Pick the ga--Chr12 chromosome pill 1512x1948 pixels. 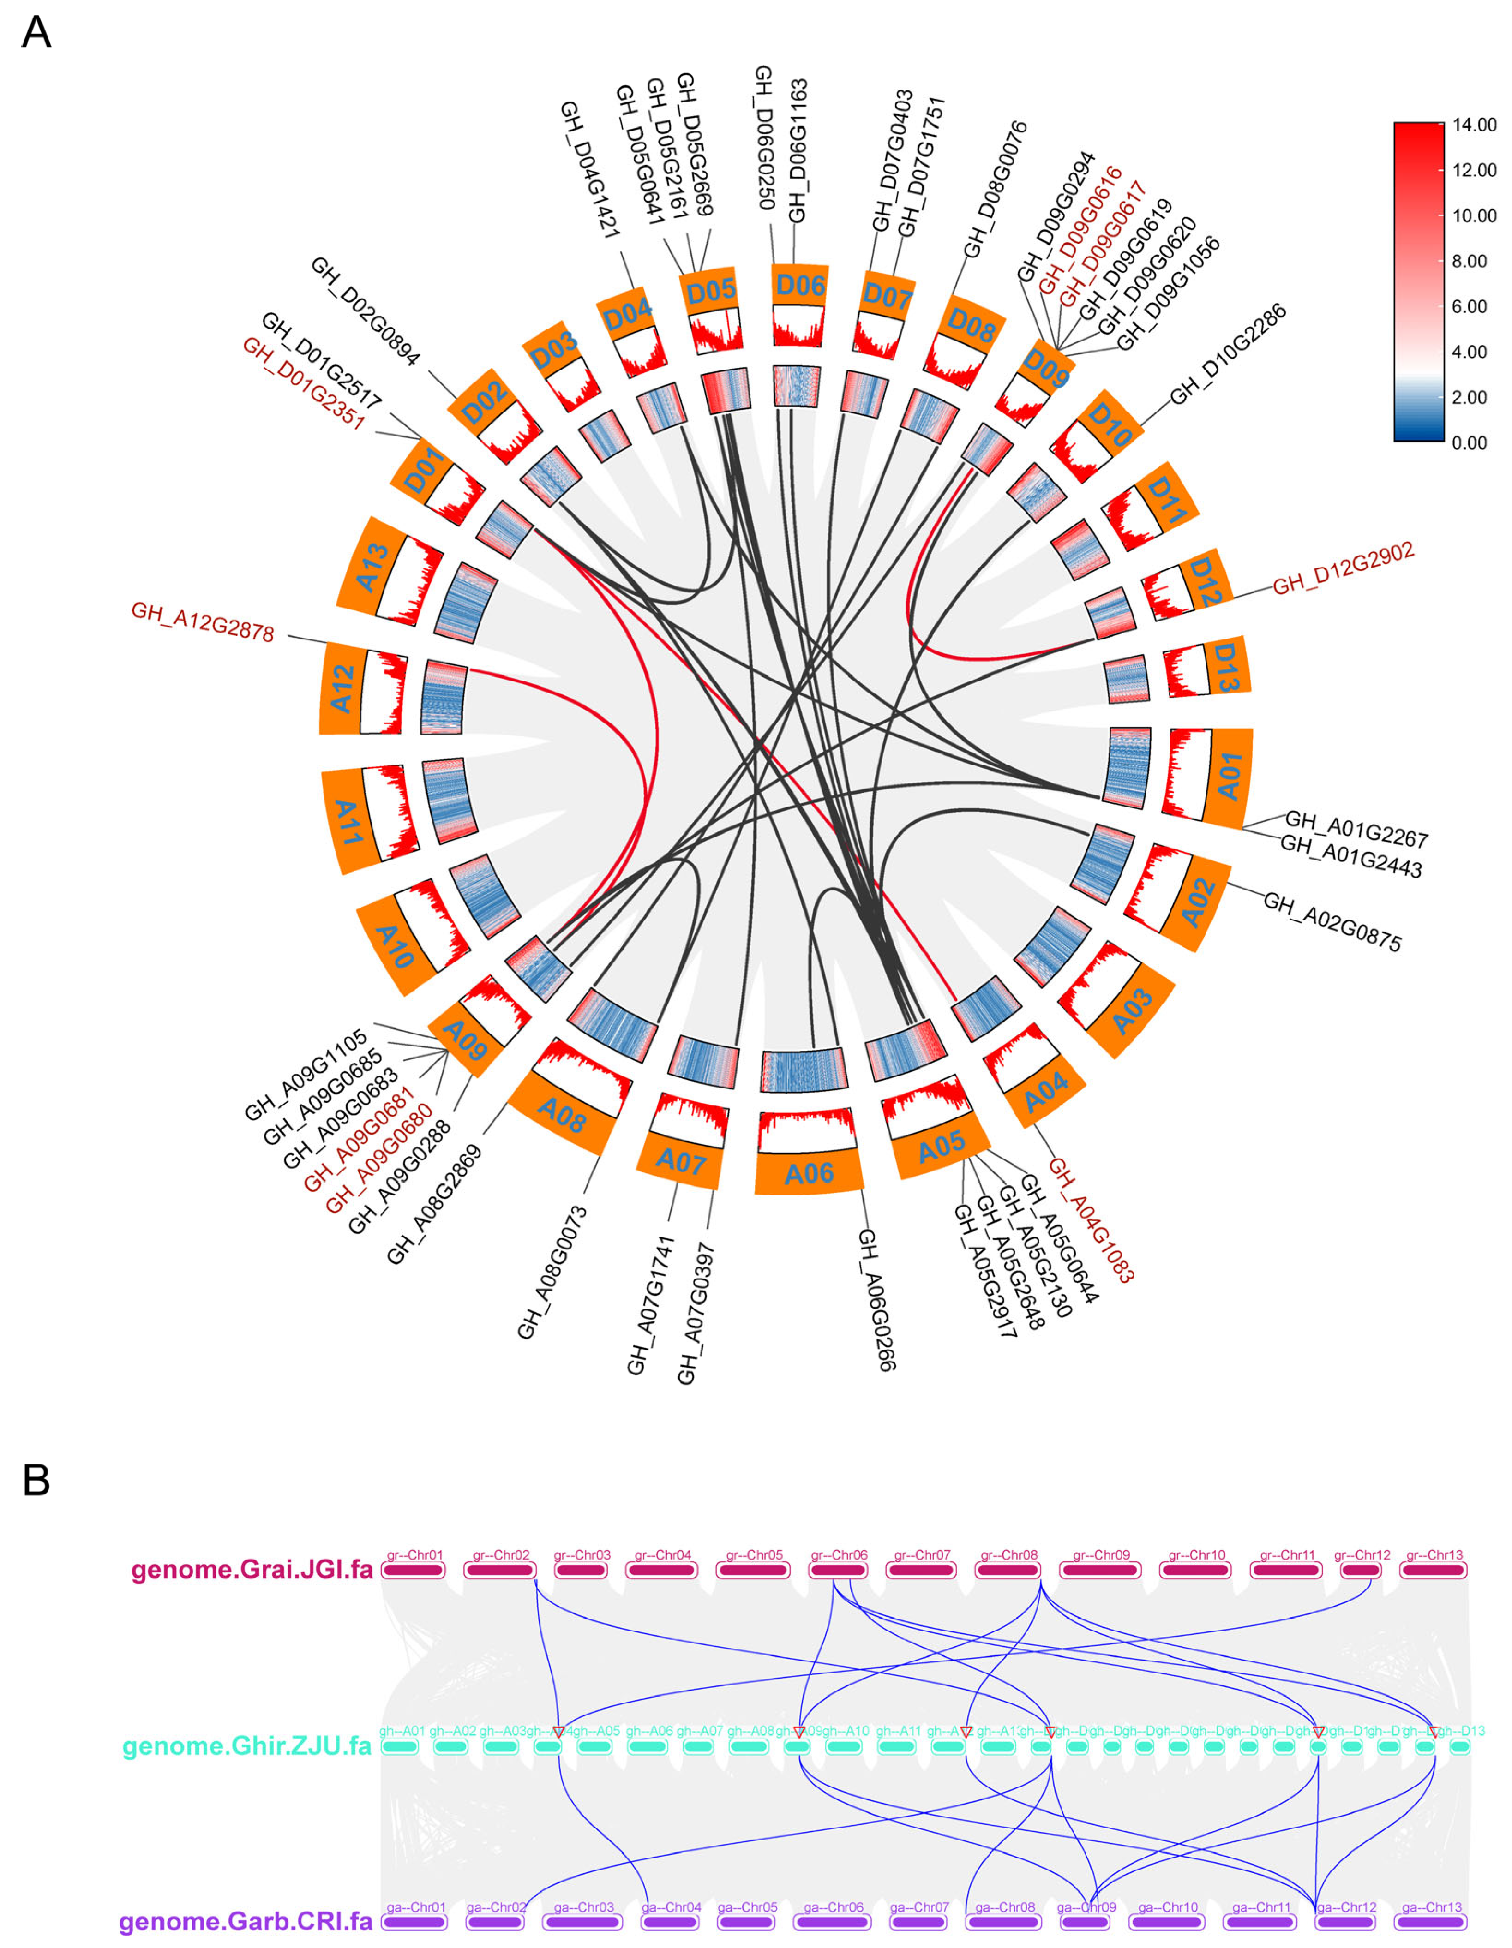pos(1346,1921)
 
